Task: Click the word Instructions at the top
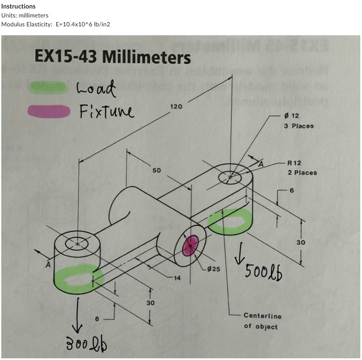point(19,6)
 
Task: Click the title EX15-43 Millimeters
point(113,56)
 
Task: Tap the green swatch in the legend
point(47,88)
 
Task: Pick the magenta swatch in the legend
point(48,111)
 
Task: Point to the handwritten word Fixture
point(106,112)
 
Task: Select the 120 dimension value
point(176,106)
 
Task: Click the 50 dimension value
point(157,170)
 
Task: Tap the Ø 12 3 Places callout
point(298,121)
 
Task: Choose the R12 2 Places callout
point(302,168)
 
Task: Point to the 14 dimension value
point(177,278)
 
